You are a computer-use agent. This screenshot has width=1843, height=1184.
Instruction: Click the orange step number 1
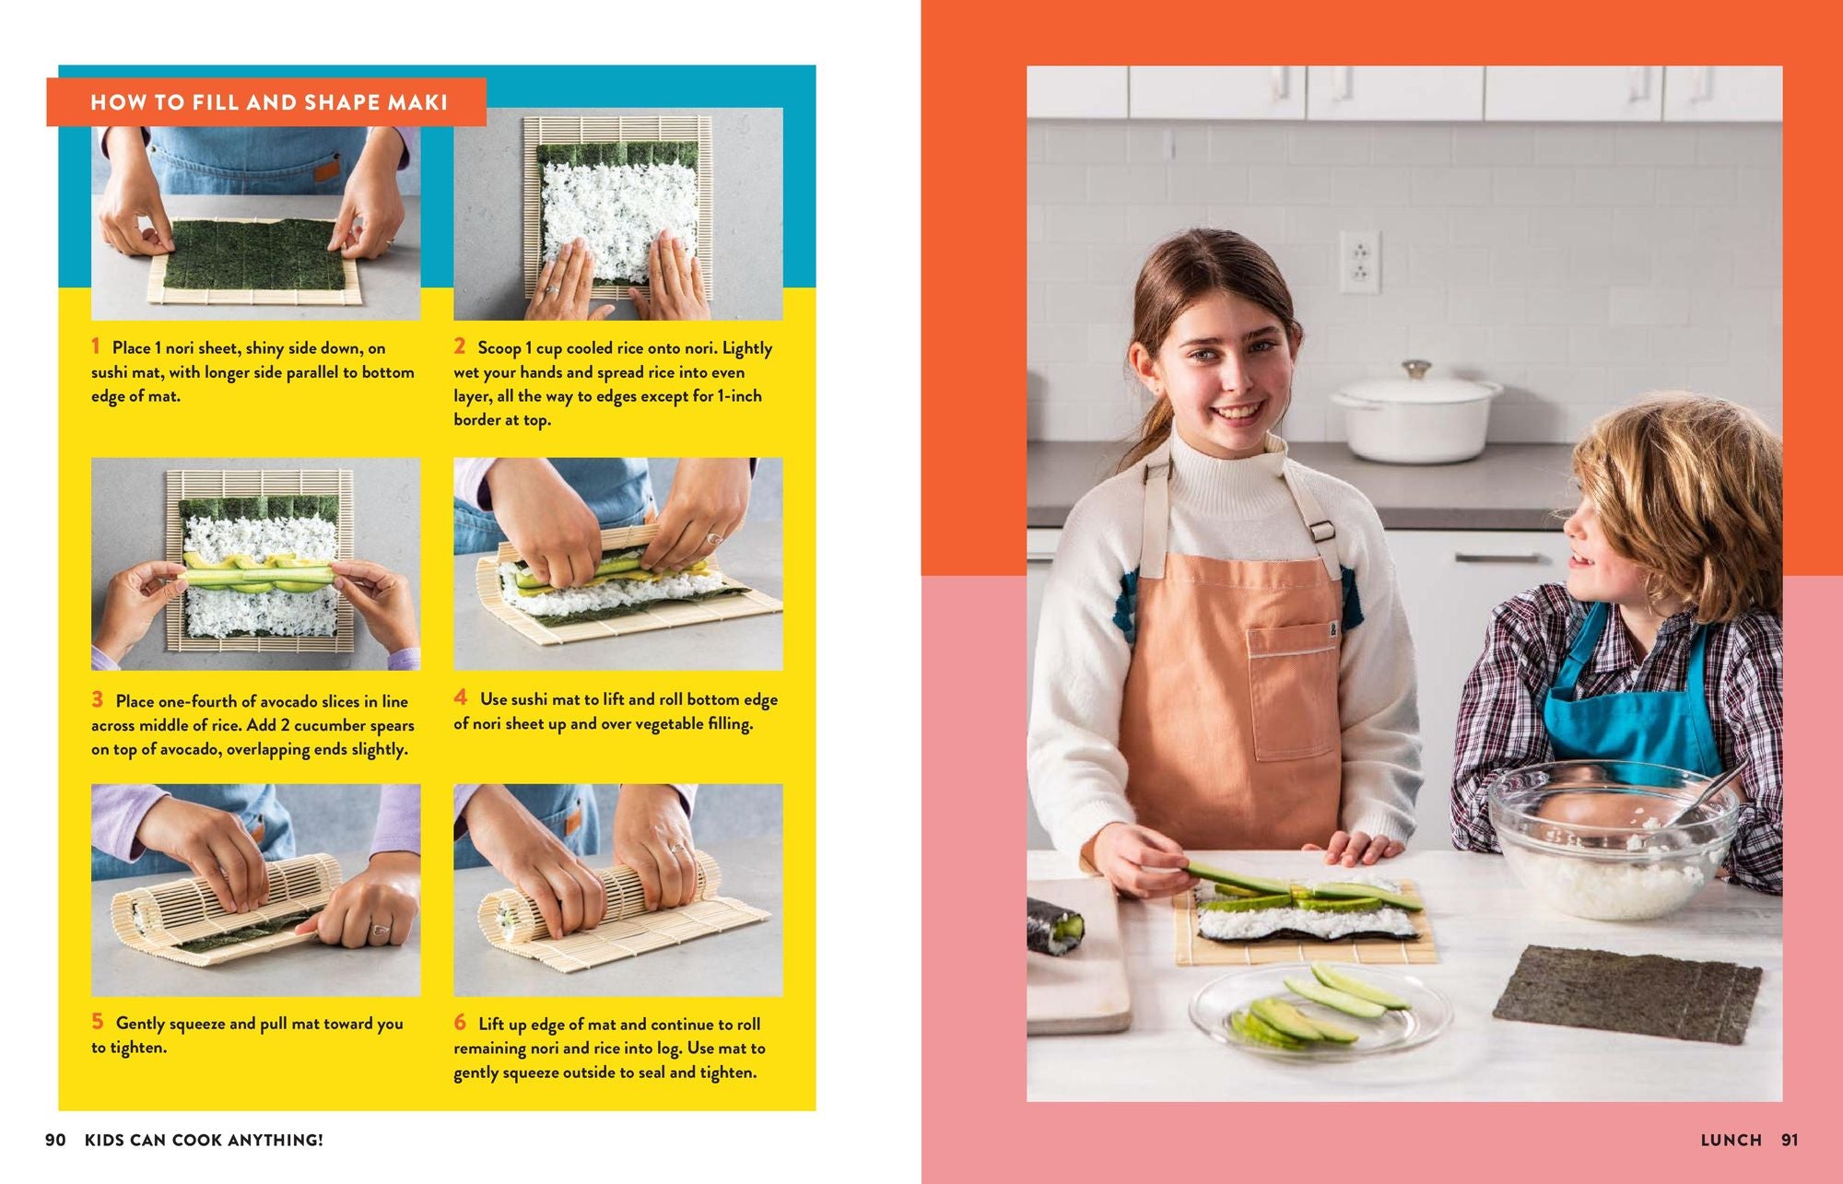tap(95, 346)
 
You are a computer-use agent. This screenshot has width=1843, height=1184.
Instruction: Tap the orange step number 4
tap(460, 698)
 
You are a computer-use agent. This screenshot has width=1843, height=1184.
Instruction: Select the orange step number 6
tap(460, 1022)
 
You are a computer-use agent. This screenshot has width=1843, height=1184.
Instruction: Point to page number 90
tap(55, 1140)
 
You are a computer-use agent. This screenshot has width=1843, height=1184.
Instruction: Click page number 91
tap(1790, 1140)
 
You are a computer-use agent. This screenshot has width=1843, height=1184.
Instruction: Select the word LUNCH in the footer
tap(1731, 1140)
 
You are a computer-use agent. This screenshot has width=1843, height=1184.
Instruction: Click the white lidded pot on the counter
tap(1415, 412)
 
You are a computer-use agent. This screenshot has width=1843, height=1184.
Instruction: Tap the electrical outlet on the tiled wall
tap(1359, 262)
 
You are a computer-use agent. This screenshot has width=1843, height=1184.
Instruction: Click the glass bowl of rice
tap(1613, 843)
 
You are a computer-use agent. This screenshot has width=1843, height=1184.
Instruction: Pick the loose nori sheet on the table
tap(1626, 993)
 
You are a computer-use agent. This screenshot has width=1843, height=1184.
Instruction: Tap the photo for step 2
tap(617, 214)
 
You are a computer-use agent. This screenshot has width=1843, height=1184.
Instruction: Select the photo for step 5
tap(255, 889)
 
